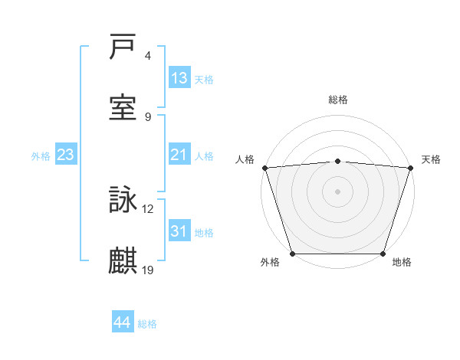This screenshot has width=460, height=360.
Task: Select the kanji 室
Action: pyautogui.click(x=123, y=108)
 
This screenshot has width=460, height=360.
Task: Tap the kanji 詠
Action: pyautogui.click(x=123, y=201)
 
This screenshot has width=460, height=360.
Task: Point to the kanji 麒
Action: pyautogui.click(x=123, y=260)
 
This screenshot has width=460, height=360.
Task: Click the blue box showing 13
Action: pyautogui.click(x=179, y=78)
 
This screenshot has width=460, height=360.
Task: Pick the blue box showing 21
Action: pyautogui.click(x=179, y=155)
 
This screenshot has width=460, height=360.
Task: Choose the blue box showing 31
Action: pyautogui.click(x=179, y=231)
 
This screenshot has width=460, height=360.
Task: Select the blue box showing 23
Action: pyautogui.click(x=66, y=155)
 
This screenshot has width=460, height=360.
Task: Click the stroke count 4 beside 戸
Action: pyautogui.click(x=148, y=57)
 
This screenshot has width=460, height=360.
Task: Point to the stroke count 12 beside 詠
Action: pyautogui.click(x=148, y=209)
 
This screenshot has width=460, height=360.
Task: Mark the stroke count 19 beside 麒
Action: pyautogui.click(x=148, y=269)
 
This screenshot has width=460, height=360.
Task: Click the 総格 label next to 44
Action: pyautogui.click(x=147, y=324)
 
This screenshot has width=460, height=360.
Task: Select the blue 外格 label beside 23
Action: pyautogui.click(x=41, y=156)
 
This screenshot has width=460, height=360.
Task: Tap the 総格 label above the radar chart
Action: pyautogui.click(x=338, y=100)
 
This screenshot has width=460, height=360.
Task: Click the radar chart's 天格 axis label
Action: pyautogui.click(x=432, y=159)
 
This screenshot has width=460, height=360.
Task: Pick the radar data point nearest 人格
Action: pyautogui.click(x=264, y=168)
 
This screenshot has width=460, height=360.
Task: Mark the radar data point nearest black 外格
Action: pyautogui.click(x=292, y=254)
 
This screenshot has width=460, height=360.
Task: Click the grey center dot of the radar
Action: pyautogui.click(x=338, y=191)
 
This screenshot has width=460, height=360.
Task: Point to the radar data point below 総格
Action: pyautogui.click(x=338, y=161)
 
